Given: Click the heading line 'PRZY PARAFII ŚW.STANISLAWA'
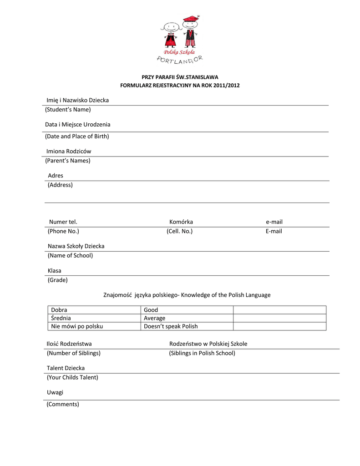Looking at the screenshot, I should pos(180,77).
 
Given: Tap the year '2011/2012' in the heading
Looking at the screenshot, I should pos(228,86).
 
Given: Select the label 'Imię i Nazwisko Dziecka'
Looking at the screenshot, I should pos(77,100).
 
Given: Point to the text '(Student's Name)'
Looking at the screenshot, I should pos(68,110).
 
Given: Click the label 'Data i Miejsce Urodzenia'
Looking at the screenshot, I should pos(77,125).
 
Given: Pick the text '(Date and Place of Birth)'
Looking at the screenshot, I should pos(77,137).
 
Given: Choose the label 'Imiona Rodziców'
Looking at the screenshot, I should pos(69,151).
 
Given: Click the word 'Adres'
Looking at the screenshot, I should pos(56,176).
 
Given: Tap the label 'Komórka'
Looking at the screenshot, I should pos(181,222).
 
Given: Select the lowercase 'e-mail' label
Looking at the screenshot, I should pos(274,222).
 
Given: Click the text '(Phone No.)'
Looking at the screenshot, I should pos(63,231).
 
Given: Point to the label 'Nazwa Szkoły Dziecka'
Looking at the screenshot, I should pos(76,246).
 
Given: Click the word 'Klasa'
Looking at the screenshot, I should pos(55,271).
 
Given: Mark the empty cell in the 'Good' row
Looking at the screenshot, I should pos(279,310).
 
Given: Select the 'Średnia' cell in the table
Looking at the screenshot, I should pos(61,318).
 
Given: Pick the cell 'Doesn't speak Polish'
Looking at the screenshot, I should pos(171,326).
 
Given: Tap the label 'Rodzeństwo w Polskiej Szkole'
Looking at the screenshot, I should pos(208,344).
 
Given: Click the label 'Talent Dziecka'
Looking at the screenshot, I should pos(66,368).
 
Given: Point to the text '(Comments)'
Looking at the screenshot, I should pos(63,404).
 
